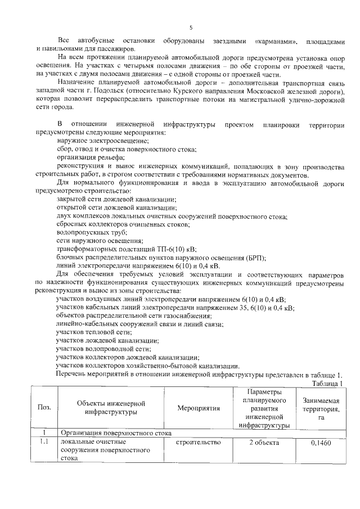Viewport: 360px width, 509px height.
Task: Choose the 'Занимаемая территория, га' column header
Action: [x=320, y=408]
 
